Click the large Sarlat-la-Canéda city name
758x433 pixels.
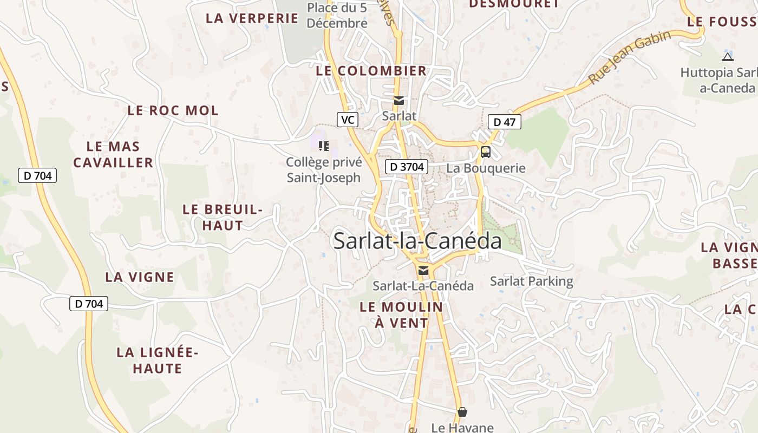pos(417,241)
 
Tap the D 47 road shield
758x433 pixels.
pos(504,122)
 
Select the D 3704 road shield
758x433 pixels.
pos(407,167)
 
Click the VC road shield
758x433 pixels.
pos(348,120)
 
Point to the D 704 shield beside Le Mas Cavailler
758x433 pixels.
pos(37,175)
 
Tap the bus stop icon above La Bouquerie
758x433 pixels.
pos(485,152)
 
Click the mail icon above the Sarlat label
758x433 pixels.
pos(399,101)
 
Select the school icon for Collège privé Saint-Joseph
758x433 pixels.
pos(324,146)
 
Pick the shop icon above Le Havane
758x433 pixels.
pos(462,412)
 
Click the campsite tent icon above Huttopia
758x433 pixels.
pos(728,57)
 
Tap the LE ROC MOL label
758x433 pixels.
pos(173,110)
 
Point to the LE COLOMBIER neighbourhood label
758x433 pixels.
pos(371,71)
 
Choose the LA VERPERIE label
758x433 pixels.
pos(252,18)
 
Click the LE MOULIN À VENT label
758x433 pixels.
pos(401,315)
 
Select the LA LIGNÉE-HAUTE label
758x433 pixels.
pos(158,360)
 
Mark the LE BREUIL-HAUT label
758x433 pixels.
pos(223,217)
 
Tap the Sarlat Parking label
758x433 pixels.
pos(531,281)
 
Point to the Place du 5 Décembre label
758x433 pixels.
pos(337,16)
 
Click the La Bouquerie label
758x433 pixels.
pos(486,168)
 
